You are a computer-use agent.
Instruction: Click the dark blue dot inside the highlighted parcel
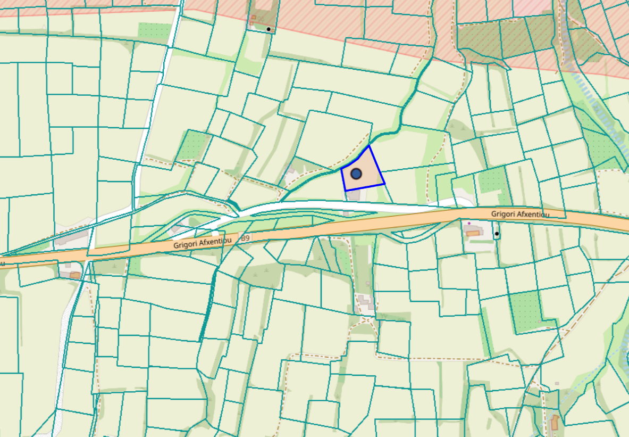click(356, 174)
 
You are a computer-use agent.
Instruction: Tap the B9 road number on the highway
click(245, 238)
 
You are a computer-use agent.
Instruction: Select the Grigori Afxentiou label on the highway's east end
click(520, 214)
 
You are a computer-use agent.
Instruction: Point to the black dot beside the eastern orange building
click(497, 234)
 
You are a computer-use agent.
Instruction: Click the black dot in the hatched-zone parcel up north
click(269, 29)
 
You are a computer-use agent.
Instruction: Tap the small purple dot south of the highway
click(469, 224)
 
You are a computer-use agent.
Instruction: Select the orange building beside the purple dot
click(472, 232)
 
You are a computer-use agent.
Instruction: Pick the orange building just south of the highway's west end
click(75, 275)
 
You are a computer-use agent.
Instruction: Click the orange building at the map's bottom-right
click(555, 423)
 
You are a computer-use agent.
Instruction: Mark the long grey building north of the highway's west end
click(71, 237)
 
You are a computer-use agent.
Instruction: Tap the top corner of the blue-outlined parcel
click(369, 145)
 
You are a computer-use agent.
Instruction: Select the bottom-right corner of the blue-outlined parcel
click(384, 184)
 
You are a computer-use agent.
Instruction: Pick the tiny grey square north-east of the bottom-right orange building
click(557, 383)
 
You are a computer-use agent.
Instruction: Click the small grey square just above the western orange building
click(68, 265)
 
